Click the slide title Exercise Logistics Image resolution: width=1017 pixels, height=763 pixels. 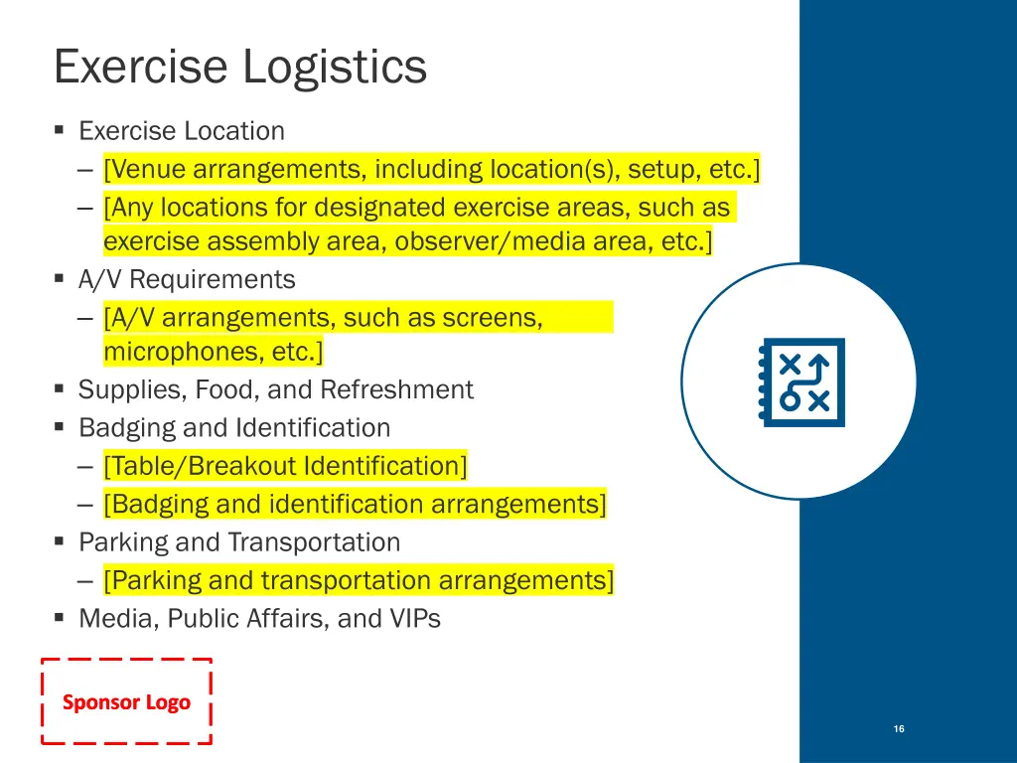pyautogui.click(x=240, y=68)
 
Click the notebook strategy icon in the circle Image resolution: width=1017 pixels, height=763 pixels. pyautogui.click(x=801, y=382)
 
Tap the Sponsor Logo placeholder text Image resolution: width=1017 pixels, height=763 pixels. pyautogui.click(x=126, y=702)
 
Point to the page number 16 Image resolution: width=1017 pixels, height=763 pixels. pyautogui.click(x=899, y=729)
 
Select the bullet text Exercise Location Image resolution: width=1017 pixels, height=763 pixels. pyautogui.click(x=182, y=131)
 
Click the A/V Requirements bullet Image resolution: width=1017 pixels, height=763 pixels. pyautogui.click(x=187, y=280)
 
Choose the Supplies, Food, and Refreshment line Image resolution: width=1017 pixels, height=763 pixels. pyautogui.click(x=276, y=389)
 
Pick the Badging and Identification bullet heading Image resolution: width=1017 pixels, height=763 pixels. pyautogui.click(x=234, y=428)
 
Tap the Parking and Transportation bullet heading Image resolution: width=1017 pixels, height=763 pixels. pyautogui.click(x=239, y=542)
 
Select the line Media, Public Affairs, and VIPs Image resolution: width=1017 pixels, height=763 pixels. pyautogui.click(x=259, y=619)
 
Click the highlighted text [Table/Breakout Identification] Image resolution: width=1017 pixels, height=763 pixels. pyautogui.click(x=285, y=466)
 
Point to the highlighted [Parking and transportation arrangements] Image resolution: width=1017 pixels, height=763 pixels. pyautogui.click(x=359, y=580)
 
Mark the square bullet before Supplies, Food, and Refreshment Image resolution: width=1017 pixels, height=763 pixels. pyautogui.click(x=60, y=388)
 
